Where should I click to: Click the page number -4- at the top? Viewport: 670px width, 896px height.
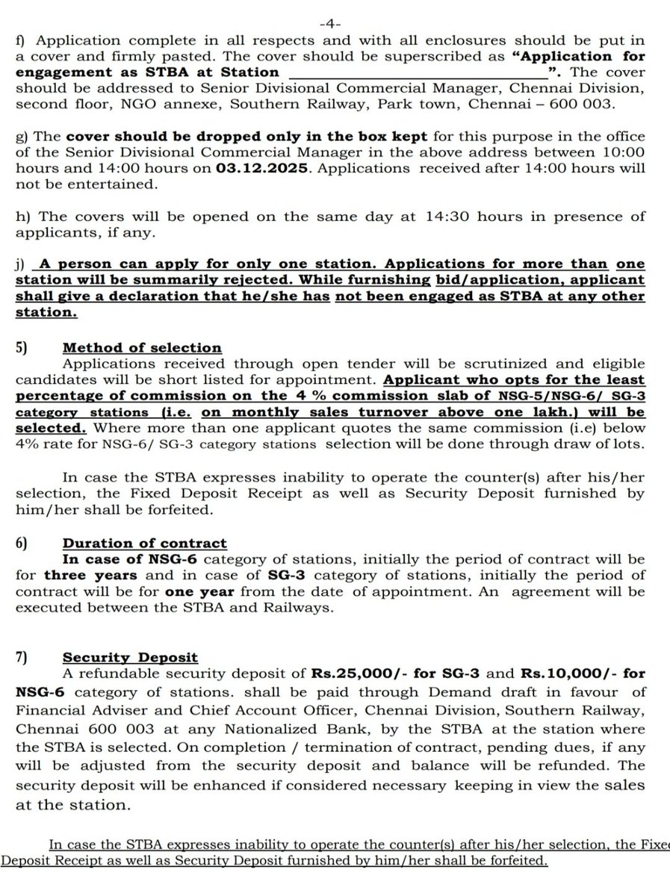[x=335, y=24]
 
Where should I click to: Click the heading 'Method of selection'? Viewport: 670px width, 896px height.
[x=142, y=347]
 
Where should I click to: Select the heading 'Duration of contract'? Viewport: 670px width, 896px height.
[x=145, y=544]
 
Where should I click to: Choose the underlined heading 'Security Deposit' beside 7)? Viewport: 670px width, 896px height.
[x=130, y=657]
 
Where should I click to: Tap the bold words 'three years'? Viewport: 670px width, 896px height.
[x=90, y=576]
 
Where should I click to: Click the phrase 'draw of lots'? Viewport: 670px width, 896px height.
[x=600, y=445]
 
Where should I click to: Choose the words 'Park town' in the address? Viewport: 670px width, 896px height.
[x=426, y=105]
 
